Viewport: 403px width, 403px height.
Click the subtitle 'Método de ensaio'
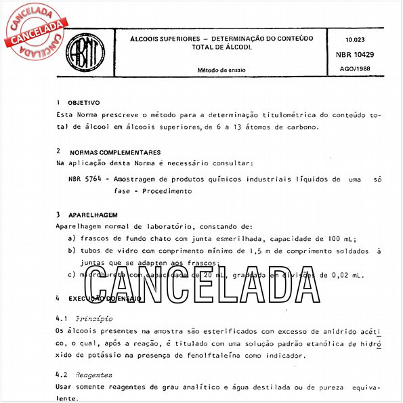click(221, 69)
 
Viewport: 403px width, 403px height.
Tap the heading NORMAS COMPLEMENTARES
click(114, 152)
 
